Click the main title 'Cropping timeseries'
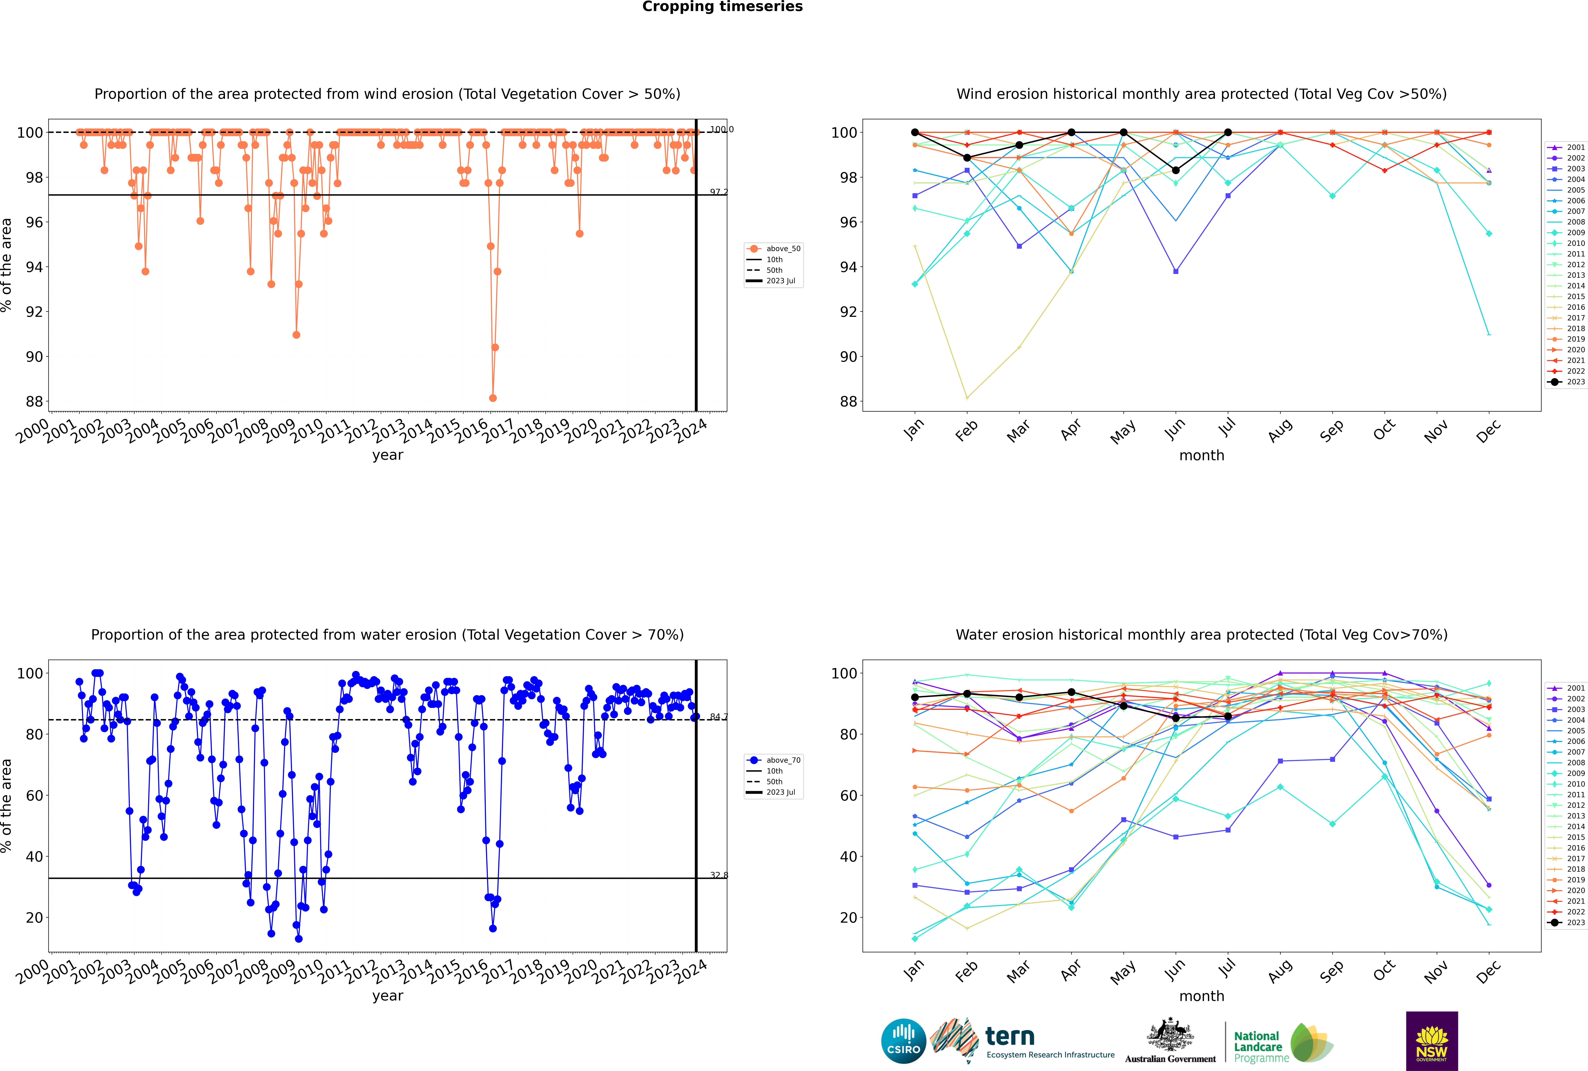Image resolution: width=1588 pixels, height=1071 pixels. point(722,7)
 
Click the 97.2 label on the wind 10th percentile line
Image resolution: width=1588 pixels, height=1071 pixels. point(718,192)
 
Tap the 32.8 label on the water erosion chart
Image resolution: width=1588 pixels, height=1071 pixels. point(718,875)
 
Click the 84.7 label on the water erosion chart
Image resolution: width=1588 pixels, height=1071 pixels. point(718,717)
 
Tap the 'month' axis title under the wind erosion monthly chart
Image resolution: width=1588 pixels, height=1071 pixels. point(1202,456)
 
